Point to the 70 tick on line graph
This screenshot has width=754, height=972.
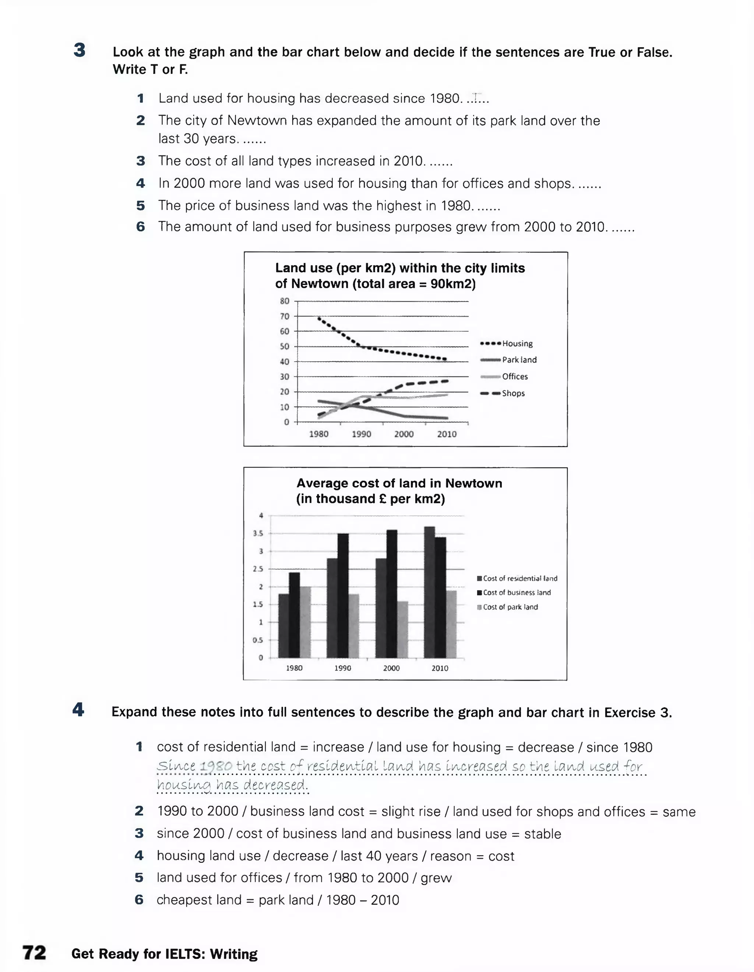[x=285, y=316]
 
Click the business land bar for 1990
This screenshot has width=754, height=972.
[x=343, y=596]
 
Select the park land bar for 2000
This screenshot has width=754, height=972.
[x=402, y=629]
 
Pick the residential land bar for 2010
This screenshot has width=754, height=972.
[x=429, y=592]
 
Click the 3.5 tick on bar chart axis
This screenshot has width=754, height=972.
[x=258, y=533]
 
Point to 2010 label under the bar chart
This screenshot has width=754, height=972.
[x=440, y=668]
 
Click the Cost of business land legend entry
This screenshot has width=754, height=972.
[x=517, y=593]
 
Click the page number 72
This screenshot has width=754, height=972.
[x=34, y=953]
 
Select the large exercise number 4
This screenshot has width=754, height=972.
[x=78, y=710]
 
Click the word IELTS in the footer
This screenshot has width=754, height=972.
[x=185, y=954]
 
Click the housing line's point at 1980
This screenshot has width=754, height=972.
[x=319, y=318]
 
